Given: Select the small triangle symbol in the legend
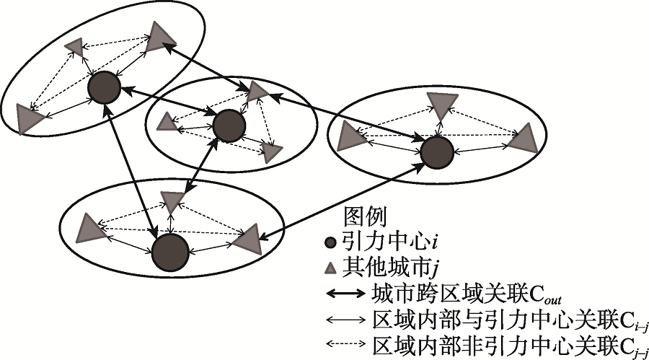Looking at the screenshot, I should pos(330,269).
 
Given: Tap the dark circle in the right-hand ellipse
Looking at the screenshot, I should pos(436,153).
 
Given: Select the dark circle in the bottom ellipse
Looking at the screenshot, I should pos(171,253).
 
